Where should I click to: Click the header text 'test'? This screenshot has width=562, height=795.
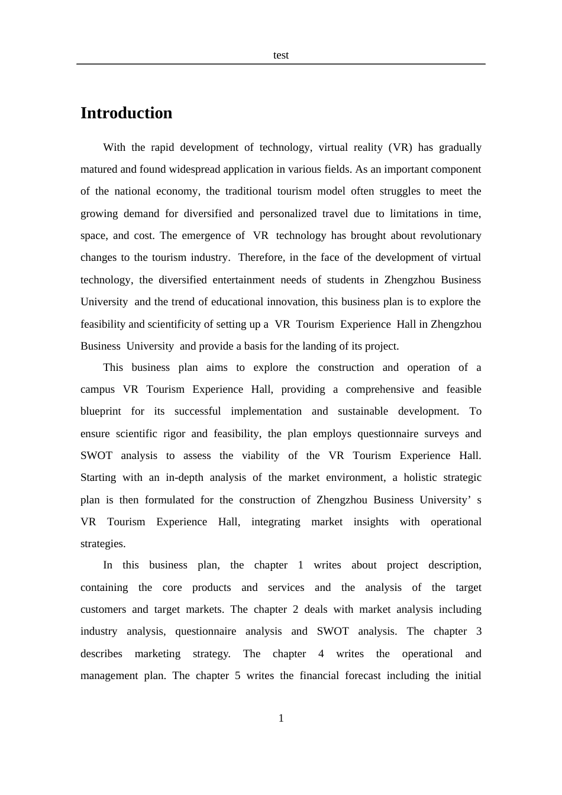[280, 55]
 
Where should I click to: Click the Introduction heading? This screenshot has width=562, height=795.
[126, 113]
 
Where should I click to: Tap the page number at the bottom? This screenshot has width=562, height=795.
[281, 718]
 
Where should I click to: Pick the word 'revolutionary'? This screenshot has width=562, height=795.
[451, 235]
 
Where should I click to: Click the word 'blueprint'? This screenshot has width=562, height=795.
[101, 411]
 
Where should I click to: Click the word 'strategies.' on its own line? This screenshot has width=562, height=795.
[103, 544]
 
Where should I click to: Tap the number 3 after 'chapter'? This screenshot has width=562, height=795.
[479, 631]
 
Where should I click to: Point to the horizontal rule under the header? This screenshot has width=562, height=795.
[281, 64]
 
